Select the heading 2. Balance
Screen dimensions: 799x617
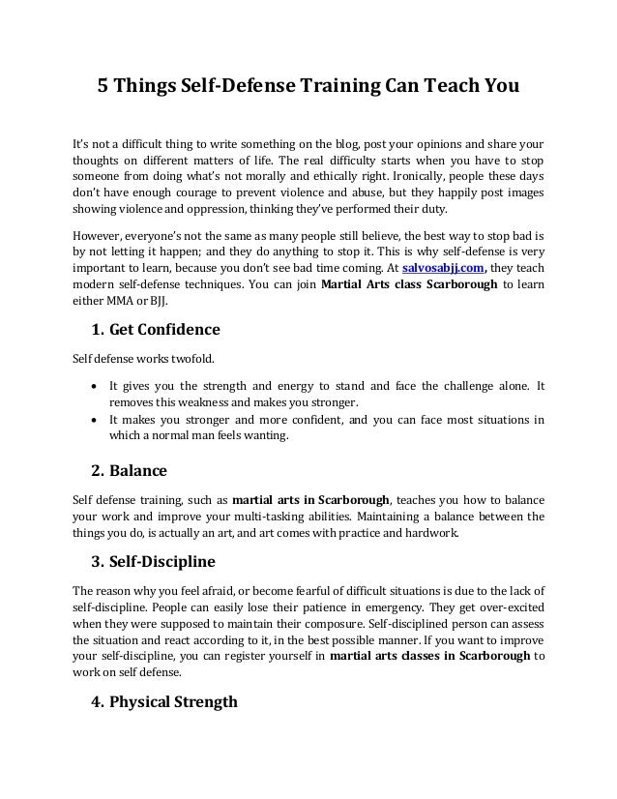click(x=129, y=472)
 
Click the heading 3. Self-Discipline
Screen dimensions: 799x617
click(x=153, y=561)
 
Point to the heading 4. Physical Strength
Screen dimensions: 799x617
click(x=163, y=702)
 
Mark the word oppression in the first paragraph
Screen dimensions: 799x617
click(x=194, y=212)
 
